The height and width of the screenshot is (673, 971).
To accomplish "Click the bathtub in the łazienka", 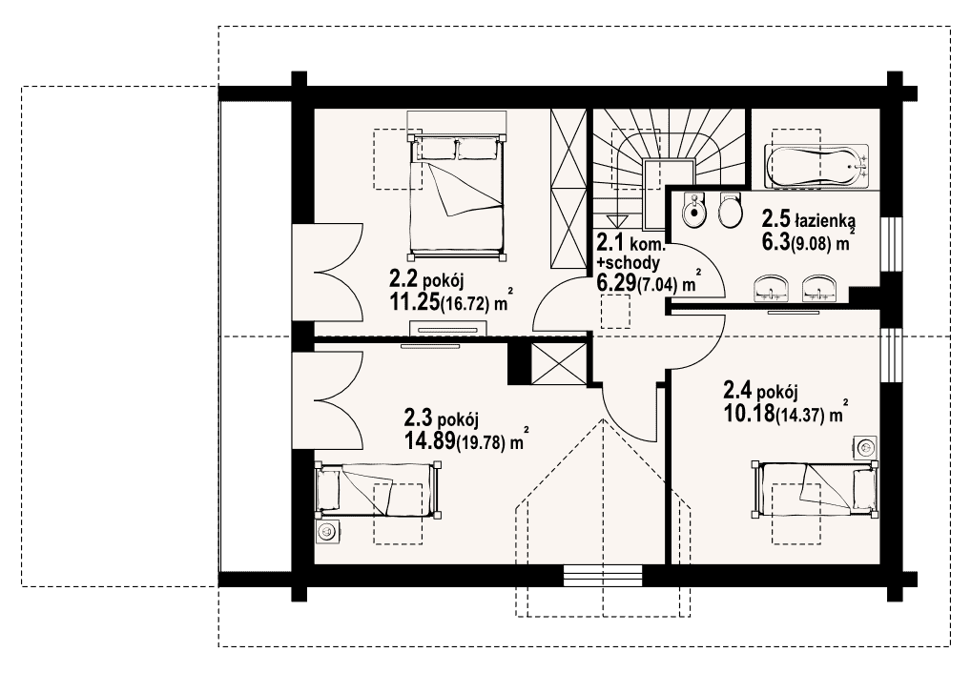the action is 816,165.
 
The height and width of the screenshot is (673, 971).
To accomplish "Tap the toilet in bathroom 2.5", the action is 731,210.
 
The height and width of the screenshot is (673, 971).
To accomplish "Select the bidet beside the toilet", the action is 692,211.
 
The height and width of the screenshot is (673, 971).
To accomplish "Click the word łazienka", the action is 825,220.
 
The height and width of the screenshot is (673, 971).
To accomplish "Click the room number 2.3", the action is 418,419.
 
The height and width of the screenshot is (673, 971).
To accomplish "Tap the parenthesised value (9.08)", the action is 811,244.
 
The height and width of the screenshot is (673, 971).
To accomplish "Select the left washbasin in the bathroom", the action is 771,289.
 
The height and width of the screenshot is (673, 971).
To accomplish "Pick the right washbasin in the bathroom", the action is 819,289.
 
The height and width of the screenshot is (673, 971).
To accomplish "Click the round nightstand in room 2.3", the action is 327,531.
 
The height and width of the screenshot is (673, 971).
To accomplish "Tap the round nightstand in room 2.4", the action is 864,447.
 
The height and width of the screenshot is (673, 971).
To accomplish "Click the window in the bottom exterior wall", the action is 605,575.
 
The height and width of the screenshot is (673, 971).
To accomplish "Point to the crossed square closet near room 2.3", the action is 559,363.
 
